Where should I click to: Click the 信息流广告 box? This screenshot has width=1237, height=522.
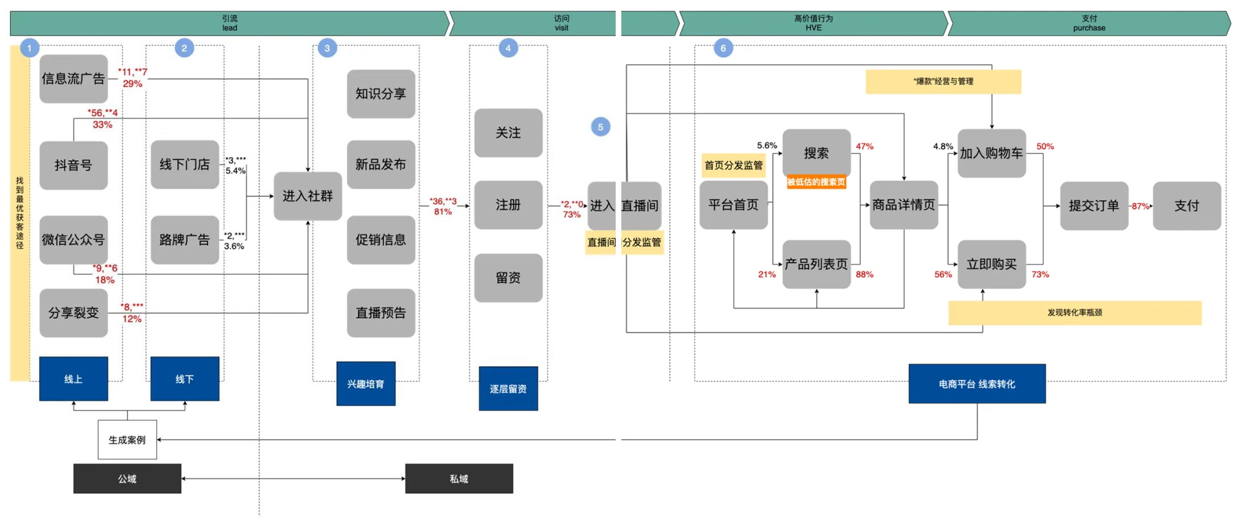click(x=73, y=78)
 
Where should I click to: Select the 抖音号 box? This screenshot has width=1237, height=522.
click(x=73, y=165)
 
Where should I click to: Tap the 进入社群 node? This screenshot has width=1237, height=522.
click(x=307, y=196)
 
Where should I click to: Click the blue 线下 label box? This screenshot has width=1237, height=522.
click(x=185, y=379)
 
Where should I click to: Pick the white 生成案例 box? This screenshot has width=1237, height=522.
click(x=127, y=440)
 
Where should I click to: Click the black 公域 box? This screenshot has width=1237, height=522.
click(x=127, y=479)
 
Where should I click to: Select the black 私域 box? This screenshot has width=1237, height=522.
click(x=459, y=479)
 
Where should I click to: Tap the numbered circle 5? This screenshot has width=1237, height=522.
click(x=600, y=127)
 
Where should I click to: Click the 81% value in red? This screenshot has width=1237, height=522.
click(x=443, y=212)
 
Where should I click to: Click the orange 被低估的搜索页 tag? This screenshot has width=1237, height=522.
click(x=816, y=182)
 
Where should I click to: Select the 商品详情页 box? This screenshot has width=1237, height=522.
click(x=904, y=204)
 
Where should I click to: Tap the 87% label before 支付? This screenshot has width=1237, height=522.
click(x=1140, y=206)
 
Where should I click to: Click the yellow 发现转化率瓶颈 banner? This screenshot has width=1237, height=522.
click(x=1074, y=313)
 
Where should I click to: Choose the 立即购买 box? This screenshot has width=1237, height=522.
click(x=991, y=264)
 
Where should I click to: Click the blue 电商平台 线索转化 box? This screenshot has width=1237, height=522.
click(x=977, y=384)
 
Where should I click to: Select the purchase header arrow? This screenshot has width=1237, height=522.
click(x=1088, y=23)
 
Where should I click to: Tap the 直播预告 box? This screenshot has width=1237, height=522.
click(x=381, y=313)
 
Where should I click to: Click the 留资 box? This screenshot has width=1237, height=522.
click(x=508, y=277)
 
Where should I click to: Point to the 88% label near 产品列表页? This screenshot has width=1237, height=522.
click(x=864, y=274)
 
